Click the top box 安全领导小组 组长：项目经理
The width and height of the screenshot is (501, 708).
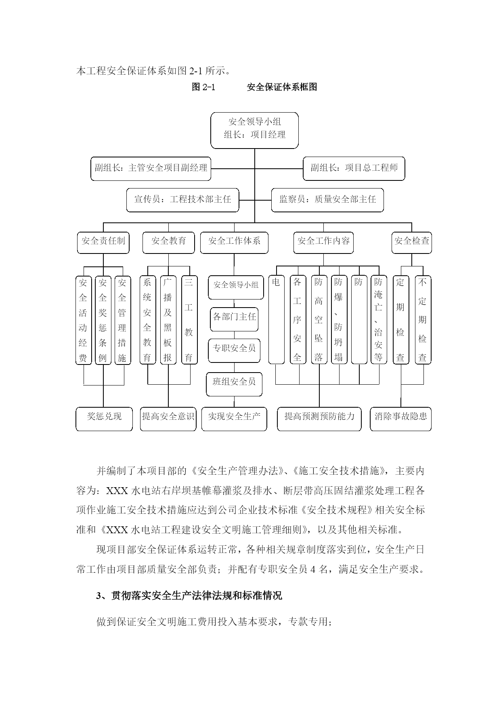click(254, 130)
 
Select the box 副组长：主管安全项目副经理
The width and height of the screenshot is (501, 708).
click(151, 168)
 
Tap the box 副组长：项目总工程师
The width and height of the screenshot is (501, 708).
click(354, 168)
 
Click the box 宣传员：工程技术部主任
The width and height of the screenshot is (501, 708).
click(182, 200)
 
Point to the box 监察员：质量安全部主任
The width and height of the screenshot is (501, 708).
click(327, 200)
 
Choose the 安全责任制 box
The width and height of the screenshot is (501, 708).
click(103, 242)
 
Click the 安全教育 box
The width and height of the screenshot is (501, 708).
click(169, 242)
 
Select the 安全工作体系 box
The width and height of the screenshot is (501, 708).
click(234, 242)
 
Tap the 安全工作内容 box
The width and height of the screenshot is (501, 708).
click(323, 242)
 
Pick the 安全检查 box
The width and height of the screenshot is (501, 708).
click(412, 242)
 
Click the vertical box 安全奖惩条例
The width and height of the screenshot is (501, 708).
click(103, 320)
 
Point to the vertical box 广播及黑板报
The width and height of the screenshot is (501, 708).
click(168, 320)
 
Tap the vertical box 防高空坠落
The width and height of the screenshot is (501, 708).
click(319, 320)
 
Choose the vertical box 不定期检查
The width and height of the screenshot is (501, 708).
click(423, 320)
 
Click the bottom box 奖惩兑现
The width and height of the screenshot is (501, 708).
click(104, 419)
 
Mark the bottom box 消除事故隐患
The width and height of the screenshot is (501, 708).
click(401, 419)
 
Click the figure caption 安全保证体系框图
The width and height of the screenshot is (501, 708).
click(282, 87)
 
